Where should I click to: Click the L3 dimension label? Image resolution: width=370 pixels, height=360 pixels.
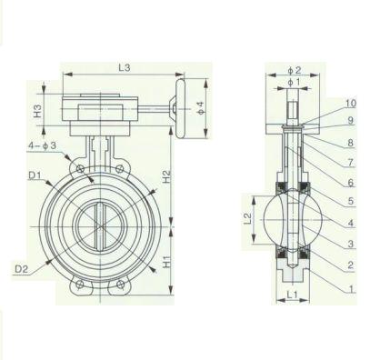(x=125, y=68)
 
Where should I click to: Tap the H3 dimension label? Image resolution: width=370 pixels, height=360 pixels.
(x=37, y=111)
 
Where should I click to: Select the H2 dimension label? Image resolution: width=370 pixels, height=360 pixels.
(x=166, y=176)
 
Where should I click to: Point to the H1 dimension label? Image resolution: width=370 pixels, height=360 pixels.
(x=166, y=261)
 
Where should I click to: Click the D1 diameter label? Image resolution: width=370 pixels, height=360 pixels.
(x=35, y=175)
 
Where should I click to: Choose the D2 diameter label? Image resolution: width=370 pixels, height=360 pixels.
(x=22, y=269)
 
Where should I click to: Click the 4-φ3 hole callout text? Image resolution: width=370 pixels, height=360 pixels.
(x=43, y=145)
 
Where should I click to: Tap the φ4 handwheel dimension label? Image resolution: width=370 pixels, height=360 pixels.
(x=201, y=108)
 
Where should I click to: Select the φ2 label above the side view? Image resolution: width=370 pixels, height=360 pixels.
(x=295, y=70)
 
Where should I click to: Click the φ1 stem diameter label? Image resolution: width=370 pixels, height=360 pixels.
(x=294, y=82)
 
